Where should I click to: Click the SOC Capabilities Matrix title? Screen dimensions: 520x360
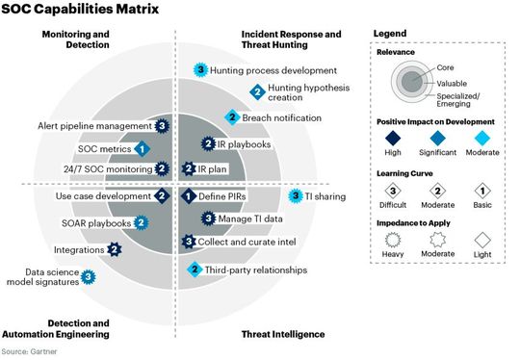[x=71, y=11]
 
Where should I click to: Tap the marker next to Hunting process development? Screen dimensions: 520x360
[x=200, y=70]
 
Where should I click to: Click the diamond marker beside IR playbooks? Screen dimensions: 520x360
[x=208, y=144]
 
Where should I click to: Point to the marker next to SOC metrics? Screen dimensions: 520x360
[x=141, y=148]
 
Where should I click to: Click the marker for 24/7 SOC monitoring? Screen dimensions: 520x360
[x=163, y=168]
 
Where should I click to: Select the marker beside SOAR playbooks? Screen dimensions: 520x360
[x=141, y=222]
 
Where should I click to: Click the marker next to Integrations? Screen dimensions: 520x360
[x=116, y=249]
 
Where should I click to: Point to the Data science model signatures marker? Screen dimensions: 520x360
[x=88, y=277]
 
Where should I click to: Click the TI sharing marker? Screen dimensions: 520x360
[x=297, y=195]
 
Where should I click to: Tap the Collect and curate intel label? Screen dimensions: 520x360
[x=247, y=241]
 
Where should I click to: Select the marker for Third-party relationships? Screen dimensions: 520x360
[x=195, y=270]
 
